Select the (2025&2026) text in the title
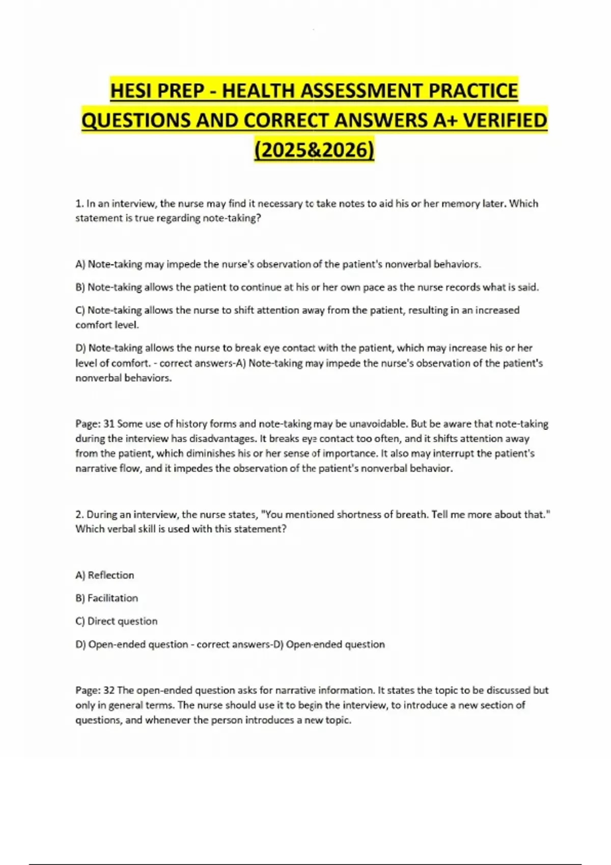(x=314, y=150)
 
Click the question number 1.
(x=79, y=204)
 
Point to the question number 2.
(x=79, y=514)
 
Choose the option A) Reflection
(x=105, y=575)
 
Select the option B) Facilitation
(x=107, y=598)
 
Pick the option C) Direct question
(x=117, y=621)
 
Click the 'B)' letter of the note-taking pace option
(x=80, y=287)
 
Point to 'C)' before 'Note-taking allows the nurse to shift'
(x=80, y=310)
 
